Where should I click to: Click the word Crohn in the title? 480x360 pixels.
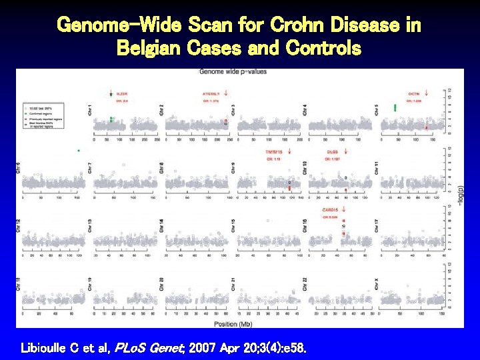click(x=299, y=25)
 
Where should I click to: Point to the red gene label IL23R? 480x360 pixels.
click(x=123, y=94)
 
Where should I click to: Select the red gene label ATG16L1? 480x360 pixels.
click(x=211, y=94)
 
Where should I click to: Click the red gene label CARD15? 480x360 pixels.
click(x=331, y=210)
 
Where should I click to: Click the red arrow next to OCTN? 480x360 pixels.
click(x=426, y=93)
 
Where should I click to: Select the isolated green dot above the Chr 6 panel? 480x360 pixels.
click(x=79, y=151)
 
